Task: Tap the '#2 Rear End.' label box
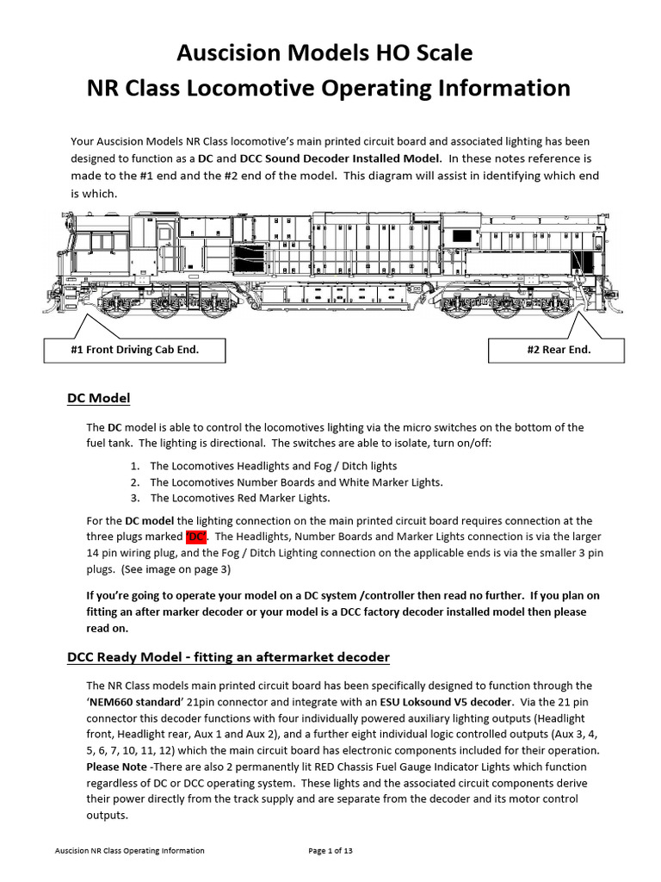point(559,350)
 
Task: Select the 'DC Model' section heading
point(98,398)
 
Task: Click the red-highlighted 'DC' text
point(196,537)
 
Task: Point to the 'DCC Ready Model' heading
point(228,657)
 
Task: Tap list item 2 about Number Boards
point(295,482)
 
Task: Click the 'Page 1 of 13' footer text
point(330,850)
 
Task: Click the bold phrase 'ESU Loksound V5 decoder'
point(453,702)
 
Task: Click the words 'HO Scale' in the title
point(422,53)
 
